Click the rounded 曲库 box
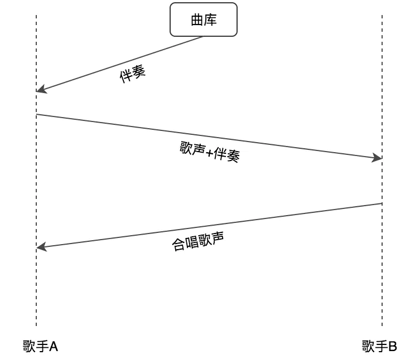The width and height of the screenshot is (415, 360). point(204,20)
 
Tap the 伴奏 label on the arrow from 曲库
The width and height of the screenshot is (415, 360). point(133,75)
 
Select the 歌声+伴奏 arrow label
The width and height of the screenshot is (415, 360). point(210,151)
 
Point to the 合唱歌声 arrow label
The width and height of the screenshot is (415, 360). point(197,241)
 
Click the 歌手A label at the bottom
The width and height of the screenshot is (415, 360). point(40,347)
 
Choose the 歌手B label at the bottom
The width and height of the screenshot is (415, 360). point(379,347)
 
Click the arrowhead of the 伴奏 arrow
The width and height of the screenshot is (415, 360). point(40,90)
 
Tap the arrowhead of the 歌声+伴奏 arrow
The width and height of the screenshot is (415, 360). point(378,158)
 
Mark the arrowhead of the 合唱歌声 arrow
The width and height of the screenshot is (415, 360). point(40,247)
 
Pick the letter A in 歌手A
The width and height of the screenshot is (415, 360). point(54,347)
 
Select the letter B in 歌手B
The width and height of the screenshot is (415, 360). point(393,347)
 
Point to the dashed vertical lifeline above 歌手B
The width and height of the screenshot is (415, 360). point(382,279)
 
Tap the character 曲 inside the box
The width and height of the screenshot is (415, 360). point(197,20)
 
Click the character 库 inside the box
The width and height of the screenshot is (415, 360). point(210,20)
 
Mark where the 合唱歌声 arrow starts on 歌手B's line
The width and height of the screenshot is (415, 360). point(382,203)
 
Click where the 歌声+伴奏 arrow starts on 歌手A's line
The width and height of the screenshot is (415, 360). point(37,115)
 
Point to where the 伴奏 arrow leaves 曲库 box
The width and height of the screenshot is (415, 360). point(202,37)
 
